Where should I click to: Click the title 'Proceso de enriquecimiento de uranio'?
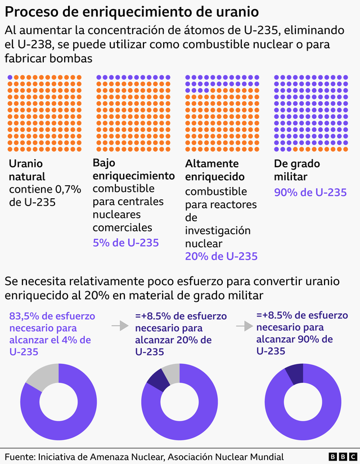click(x=133, y=12)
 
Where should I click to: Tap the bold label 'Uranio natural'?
click(x=26, y=170)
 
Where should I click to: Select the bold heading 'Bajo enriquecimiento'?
click(x=133, y=169)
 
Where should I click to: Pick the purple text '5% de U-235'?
click(x=125, y=243)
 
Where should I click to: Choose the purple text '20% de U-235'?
click(x=221, y=256)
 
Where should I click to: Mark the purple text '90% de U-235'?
click(x=310, y=192)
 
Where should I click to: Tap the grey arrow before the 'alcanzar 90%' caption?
click(x=244, y=325)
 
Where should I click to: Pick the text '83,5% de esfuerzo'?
click(x=52, y=315)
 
